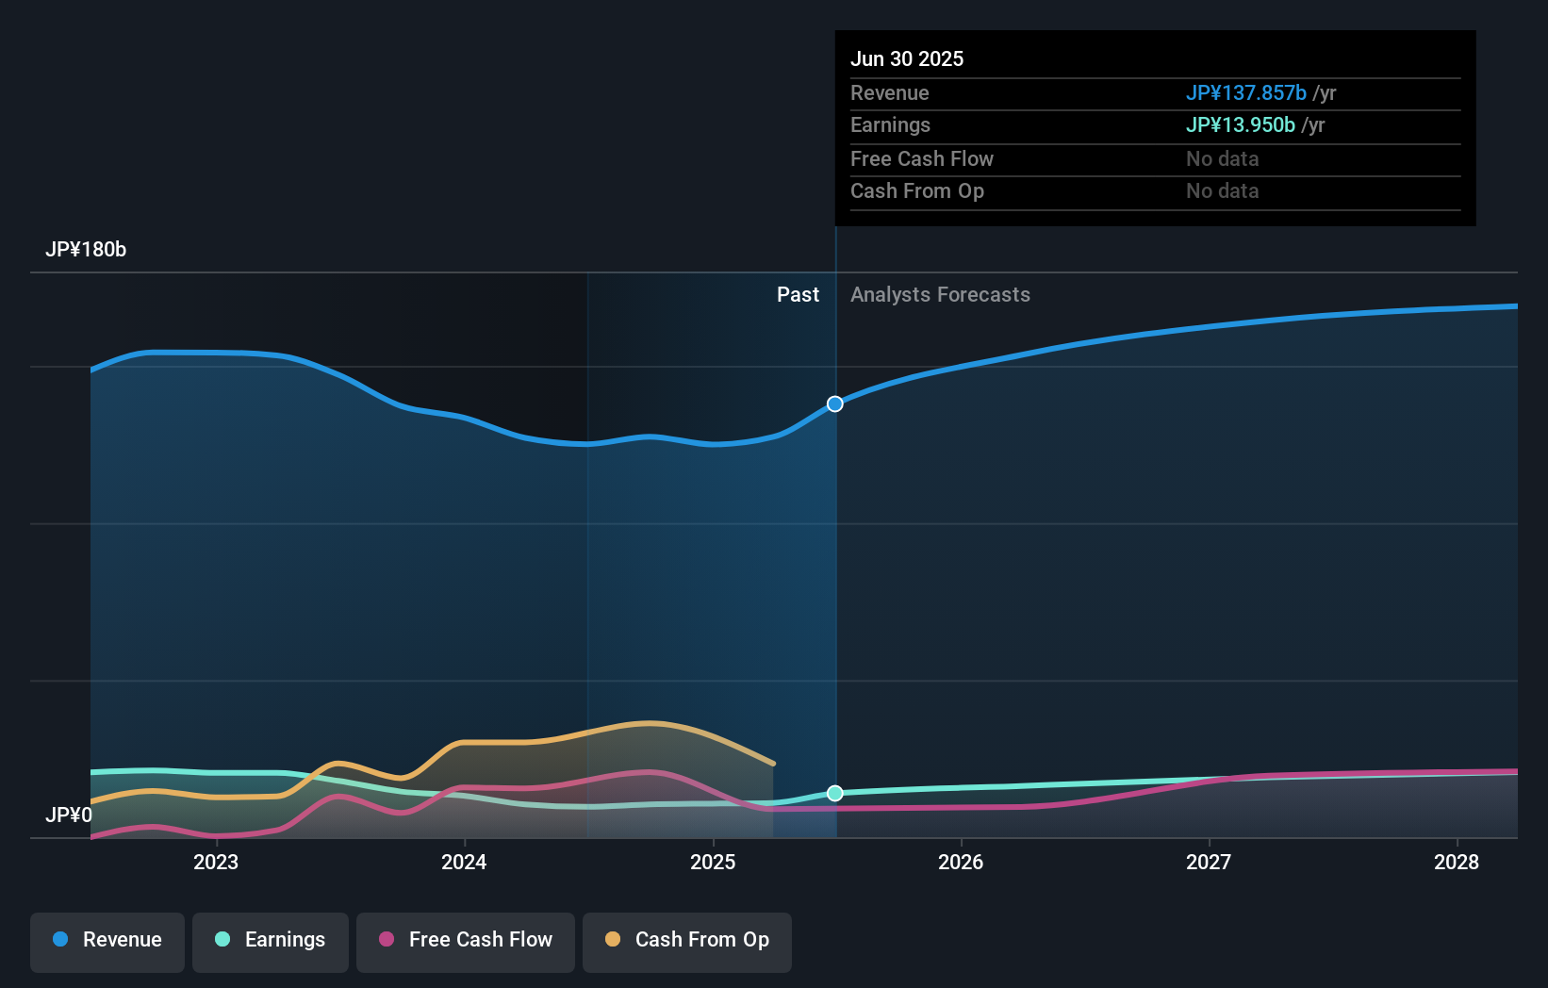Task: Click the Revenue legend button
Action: click(x=107, y=940)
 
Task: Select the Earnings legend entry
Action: click(x=271, y=940)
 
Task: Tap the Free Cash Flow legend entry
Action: click(x=466, y=940)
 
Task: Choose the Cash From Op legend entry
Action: click(x=687, y=940)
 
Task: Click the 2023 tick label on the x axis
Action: click(x=216, y=862)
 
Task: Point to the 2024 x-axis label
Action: click(x=464, y=862)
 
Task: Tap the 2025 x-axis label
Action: click(x=713, y=862)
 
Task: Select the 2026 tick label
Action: click(x=961, y=862)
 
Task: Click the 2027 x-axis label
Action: click(x=1209, y=862)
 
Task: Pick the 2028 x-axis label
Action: click(x=1457, y=862)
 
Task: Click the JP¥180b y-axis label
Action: click(x=86, y=250)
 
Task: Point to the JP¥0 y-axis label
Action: click(x=69, y=815)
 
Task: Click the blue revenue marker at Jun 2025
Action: click(x=835, y=404)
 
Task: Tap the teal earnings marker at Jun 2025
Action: click(x=835, y=793)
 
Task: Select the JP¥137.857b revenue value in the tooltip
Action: click(x=1245, y=93)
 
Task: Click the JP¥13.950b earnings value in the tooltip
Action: click(x=1240, y=125)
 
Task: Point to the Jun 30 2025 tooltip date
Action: click(x=907, y=59)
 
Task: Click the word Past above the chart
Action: click(x=798, y=295)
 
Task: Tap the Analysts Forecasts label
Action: click(x=940, y=295)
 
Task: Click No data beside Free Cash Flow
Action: click(x=1222, y=159)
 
